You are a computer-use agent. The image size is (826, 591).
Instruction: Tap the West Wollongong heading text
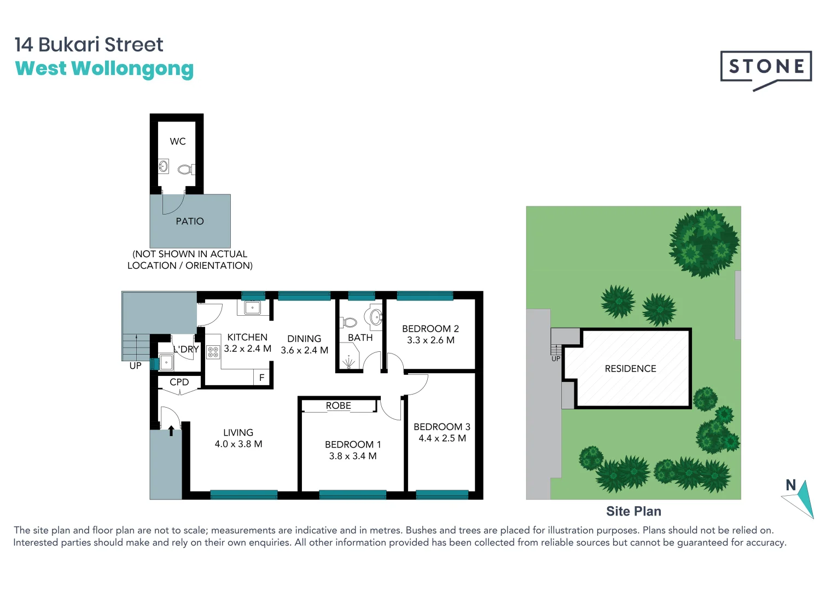[104, 69]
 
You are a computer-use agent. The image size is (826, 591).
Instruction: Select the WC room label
[178, 142]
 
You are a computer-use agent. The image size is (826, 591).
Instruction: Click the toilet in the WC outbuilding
[185, 170]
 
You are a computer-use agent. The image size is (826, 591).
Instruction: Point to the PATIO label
[190, 222]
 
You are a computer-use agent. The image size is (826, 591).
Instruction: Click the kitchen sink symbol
[252, 308]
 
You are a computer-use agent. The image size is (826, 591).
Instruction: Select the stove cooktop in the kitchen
[213, 352]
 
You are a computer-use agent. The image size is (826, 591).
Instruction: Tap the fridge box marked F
[262, 378]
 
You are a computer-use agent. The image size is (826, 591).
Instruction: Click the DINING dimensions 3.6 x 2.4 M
[305, 350]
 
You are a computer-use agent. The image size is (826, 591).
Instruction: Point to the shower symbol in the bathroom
[348, 362]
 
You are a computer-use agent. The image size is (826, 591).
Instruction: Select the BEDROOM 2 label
[431, 329]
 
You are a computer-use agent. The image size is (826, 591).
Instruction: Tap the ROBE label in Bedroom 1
[339, 406]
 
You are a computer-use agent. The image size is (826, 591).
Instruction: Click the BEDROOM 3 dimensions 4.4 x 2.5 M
[442, 438]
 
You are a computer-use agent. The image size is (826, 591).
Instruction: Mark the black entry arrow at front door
[171, 431]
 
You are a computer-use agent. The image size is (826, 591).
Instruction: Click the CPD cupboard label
[179, 383]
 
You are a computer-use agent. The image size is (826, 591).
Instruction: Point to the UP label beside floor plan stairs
[135, 366]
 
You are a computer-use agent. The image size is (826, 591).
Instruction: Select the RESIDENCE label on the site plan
[630, 369]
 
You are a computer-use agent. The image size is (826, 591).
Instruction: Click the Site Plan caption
[633, 511]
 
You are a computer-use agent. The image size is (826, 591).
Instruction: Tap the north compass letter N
[790, 485]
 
